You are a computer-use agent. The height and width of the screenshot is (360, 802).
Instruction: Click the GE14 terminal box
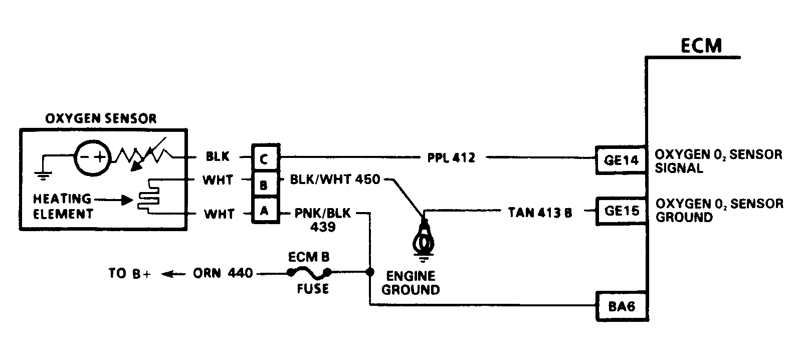[621, 160]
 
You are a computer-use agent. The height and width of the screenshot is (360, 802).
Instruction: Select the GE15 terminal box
[622, 211]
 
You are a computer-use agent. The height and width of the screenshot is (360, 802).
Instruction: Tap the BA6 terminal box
[622, 306]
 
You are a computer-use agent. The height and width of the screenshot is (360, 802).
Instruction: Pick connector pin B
[265, 185]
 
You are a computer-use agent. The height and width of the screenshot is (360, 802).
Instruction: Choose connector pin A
[265, 211]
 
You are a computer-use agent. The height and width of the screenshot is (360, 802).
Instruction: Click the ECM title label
[701, 46]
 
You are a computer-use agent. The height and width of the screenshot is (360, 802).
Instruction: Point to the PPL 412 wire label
[451, 158]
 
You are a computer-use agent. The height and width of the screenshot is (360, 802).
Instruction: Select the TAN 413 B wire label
[540, 212]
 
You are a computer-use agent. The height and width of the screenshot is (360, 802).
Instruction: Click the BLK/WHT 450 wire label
[335, 179]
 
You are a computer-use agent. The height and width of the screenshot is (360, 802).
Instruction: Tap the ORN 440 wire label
[223, 274]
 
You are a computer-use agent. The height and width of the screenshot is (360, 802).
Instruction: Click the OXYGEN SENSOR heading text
[101, 119]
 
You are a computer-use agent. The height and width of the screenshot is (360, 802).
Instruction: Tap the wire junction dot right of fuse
[370, 272]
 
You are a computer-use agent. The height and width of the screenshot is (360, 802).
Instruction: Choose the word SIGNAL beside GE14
[679, 168]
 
